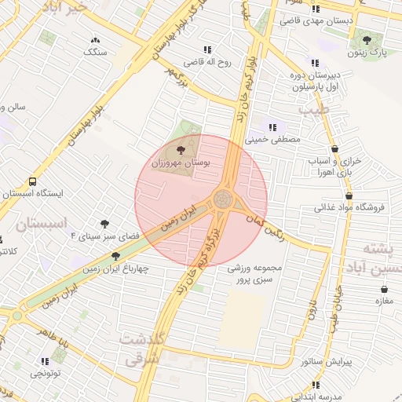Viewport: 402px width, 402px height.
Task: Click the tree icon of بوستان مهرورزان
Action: [x=181, y=148]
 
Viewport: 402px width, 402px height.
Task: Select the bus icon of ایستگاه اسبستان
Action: [x=32, y=181]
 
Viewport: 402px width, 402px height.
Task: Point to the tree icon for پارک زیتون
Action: [x=367, y=40]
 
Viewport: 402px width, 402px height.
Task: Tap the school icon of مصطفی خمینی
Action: [x=272, y=126]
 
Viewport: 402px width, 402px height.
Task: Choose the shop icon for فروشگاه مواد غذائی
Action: [x=349, y=196]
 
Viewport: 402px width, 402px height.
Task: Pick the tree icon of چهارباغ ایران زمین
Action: [x=115, y=255]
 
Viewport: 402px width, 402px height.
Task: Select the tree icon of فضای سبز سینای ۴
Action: [x=104, y=224]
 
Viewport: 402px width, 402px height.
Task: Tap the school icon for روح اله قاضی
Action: [x=207, y=49]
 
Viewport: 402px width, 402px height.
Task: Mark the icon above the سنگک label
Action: [x=96, y=39]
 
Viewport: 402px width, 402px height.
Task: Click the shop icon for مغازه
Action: [x=384, y=289]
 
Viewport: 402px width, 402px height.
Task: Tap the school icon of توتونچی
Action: [x=44, y=361]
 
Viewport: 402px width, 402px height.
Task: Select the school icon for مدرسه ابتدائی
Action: [x=316, y=385]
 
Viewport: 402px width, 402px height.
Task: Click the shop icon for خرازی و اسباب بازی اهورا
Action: [x=335, y=148]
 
